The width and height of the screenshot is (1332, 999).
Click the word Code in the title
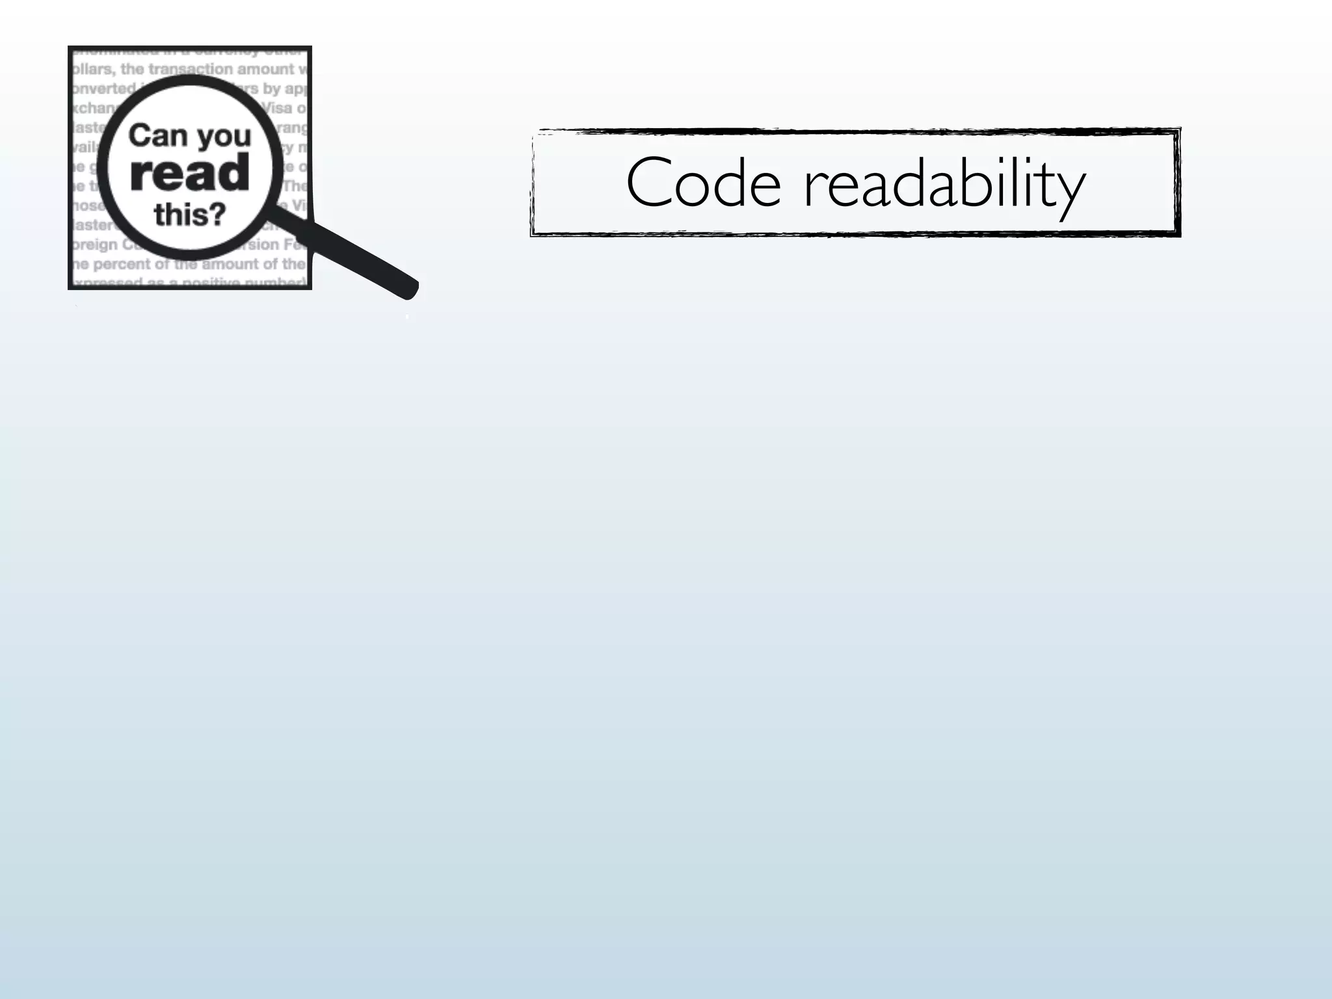[703, 183]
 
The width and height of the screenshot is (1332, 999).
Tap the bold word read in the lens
[189, 173]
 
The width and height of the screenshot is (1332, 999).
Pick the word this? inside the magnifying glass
[189, 214]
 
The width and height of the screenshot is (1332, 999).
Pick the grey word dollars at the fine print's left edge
[93, 69]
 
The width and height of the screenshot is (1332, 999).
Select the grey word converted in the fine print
[103, 88]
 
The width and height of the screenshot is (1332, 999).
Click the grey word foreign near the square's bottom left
[95, 245]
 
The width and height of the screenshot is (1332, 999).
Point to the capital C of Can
[139, 136]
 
